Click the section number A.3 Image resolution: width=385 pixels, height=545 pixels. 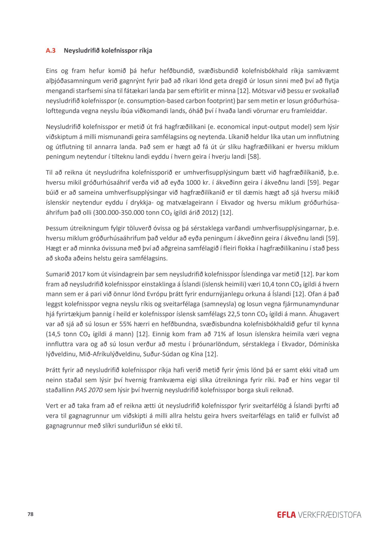(x=51, y=51)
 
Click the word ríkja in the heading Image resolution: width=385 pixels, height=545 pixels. (x=146, y=51)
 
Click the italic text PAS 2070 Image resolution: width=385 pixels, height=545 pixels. (x=89, y=390)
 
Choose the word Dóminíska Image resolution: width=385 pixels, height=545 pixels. (x=324, y=344)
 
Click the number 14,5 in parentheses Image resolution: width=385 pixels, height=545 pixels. (x=53, y=334)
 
